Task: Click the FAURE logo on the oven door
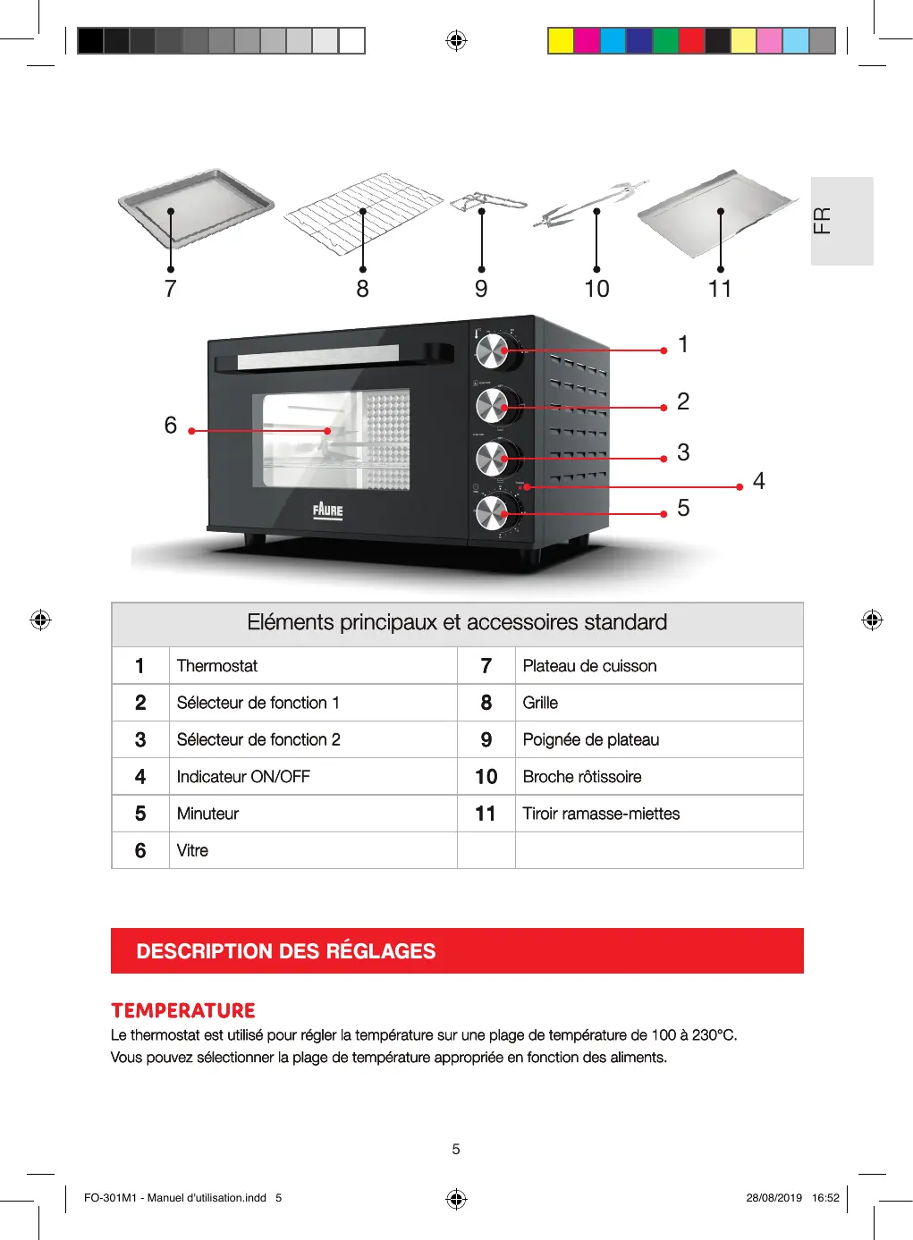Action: tap(328, 510)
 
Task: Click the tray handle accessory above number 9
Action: tap(487, 203)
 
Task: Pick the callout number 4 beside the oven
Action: tap(759, 481)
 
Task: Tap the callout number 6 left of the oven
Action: tap(171, 425)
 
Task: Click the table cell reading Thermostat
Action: tap(217, 666)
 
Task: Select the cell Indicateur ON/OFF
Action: tap(243, 777)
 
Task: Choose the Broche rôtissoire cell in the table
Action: tap(582, 777)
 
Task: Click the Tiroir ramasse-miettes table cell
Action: tap(601, 814)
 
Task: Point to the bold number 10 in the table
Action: tap(486, 777)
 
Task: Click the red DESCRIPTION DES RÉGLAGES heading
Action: tap(286, 951)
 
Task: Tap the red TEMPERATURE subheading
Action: tap(183, 1011)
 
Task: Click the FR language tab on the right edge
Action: tap(841, 221)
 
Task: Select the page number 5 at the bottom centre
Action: tap(456, 1150)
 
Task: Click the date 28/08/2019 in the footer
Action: tap(774, 1198)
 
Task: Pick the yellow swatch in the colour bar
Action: tap(561, 41)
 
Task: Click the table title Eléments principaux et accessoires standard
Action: tap(457, 623)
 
